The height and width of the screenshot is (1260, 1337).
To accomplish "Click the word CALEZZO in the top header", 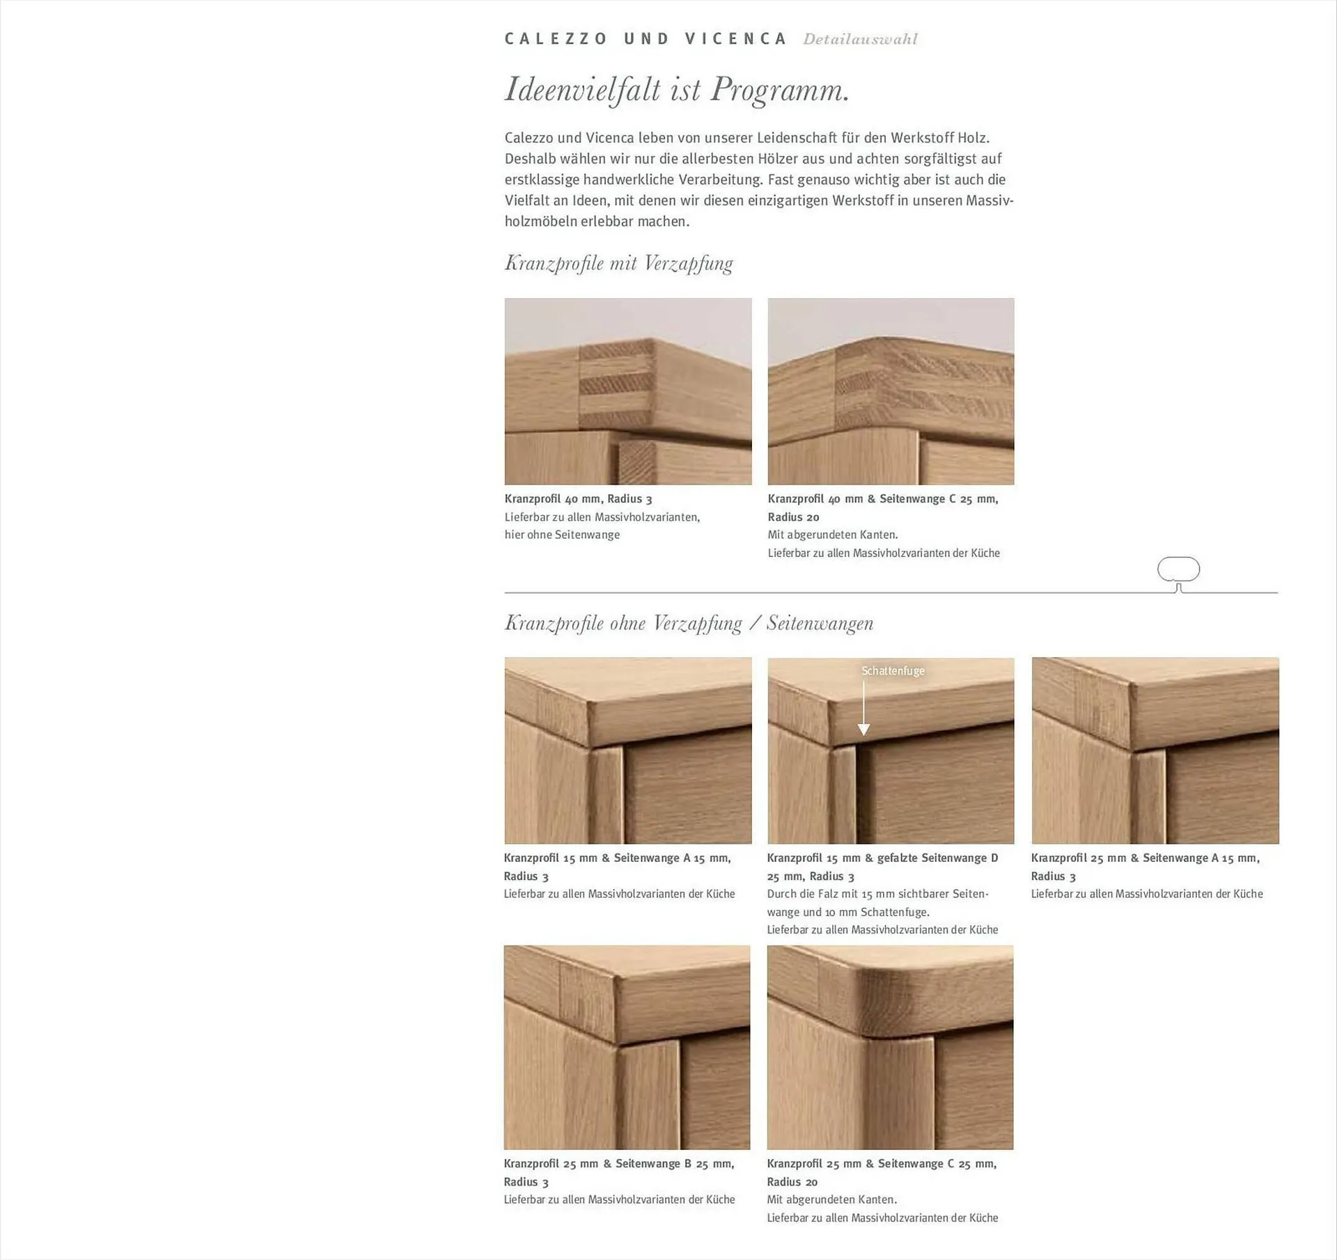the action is click(x=556, y=39).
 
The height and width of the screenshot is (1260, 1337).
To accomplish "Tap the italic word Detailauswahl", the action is click(x=860, y=39).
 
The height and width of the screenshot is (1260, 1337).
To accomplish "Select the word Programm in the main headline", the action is click(x=780, y=90).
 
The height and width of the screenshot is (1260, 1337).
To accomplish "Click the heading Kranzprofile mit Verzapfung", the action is click(x=618, y=264).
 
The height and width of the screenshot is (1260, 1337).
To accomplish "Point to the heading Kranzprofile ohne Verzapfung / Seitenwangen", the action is click(x=689, y=623).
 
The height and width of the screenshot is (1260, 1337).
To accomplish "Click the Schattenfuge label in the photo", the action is click(x=893, y=671).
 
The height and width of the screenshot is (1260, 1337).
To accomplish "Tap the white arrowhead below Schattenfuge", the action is click(x=863, y=729).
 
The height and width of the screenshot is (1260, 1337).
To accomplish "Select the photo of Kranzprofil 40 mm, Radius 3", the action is click(x=628, y=391).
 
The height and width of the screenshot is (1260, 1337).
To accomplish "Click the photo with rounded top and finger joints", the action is click(x=891, y=391).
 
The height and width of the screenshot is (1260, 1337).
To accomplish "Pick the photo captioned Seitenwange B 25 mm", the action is click(x=627, y=1047).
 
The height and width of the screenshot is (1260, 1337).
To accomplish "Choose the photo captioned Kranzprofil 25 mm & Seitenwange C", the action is click(x=890, y=1047).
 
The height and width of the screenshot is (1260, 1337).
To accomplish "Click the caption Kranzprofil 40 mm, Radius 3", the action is click(x=578, y=499).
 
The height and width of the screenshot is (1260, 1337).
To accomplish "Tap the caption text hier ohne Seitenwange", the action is click(x=562, y=535).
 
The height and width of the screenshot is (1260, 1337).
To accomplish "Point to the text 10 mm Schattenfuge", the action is click(x=877, y=912).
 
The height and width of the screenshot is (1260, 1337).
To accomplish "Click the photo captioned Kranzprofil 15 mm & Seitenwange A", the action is click(x=628, y=750).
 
